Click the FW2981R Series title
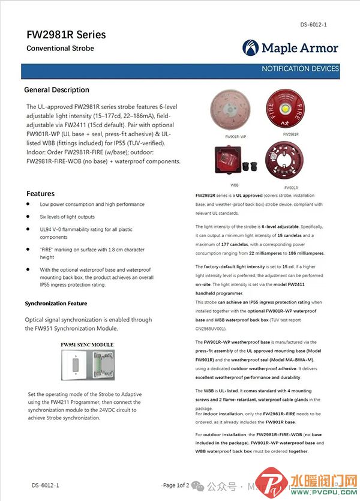pyautogui.click(x=66, y=34)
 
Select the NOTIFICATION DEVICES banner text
pyautogui.click(x=300, y=69)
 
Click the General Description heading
pyautogui.click(x=56, y=90)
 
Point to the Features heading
pyautogui.click(x=40, y=194)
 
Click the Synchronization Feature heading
pyautogui.click(x=56, y=304)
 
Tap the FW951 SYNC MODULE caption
pyautogui.click(x=87, y=345)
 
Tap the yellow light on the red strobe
pyautogui.click(x=291, y=110)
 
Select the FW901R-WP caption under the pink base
pyautogui.click(x=236, y=137)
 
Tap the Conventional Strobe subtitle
pyautogui.click(x=60, y=49)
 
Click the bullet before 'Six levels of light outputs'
pyautogui.click(x=29, y=217)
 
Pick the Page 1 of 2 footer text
pyautogui.click(x=175, y=485)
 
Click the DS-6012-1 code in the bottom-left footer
pyautogui.click(x=46, y=484)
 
